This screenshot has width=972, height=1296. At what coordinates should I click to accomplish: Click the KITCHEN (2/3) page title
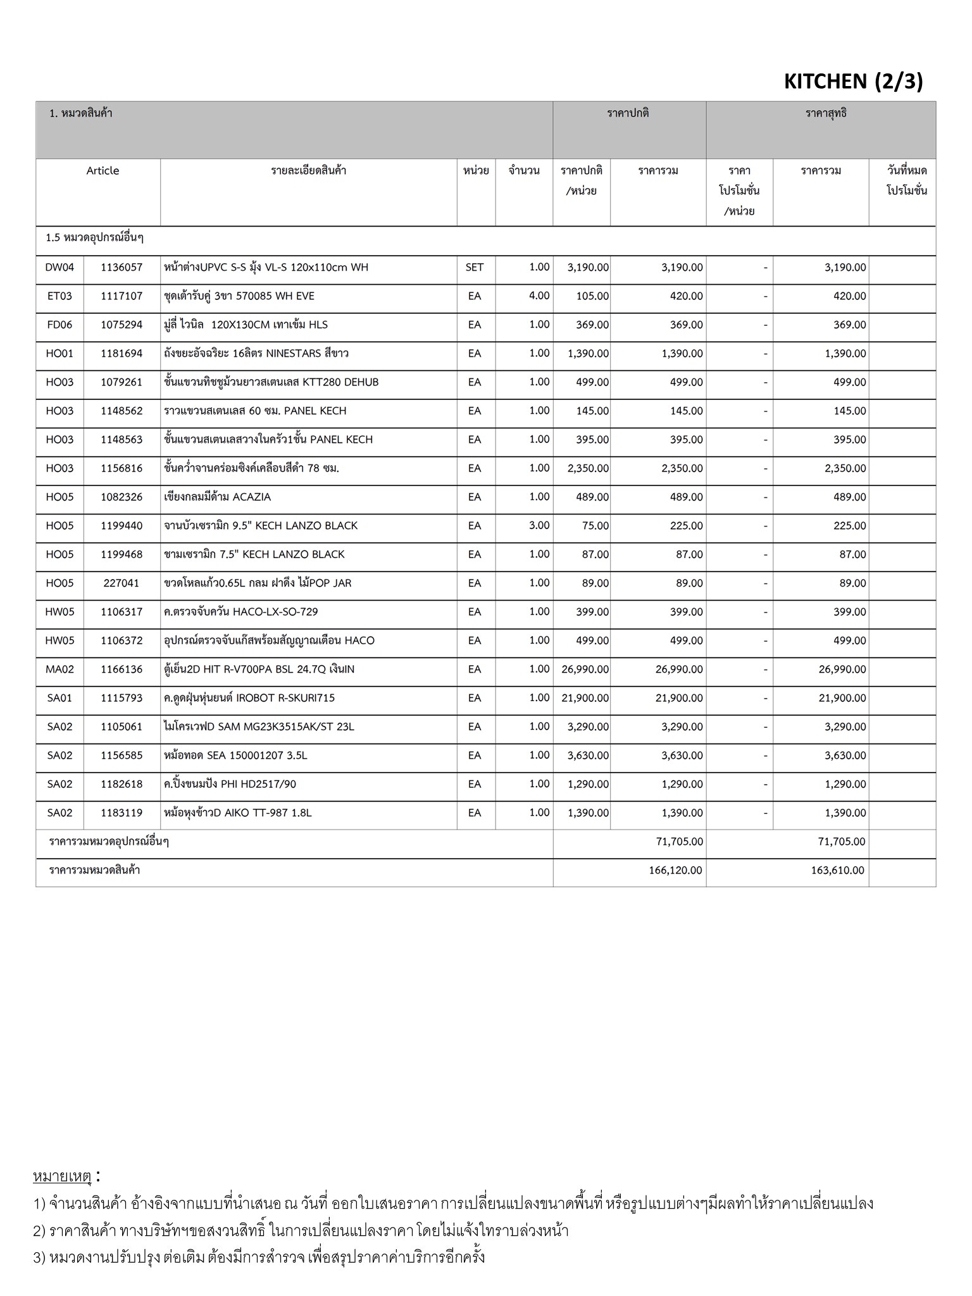click(x=853, y=81)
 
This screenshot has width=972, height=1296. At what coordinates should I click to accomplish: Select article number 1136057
click(x=121, y=268)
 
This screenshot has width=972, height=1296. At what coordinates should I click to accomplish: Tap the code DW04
click(x=59, y=268)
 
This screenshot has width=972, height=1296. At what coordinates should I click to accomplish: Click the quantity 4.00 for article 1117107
click(x=539, y=296)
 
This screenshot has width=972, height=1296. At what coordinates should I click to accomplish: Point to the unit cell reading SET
click(x=475, y=268)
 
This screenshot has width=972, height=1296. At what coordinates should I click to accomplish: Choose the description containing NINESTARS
click(x=256, y=354)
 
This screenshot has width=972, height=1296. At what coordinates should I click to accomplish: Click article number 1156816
click(x=121, y=469)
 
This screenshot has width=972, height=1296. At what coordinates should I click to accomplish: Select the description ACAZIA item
click(x=217, y=497)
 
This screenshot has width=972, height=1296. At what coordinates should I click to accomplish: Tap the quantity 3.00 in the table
click(x=539, y=526)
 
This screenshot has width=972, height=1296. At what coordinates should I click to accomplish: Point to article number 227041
click(x=121, y=583)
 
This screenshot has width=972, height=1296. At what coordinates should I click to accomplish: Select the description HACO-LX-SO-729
click(x=241, y=612)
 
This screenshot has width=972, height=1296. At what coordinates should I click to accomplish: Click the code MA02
click(x=59, y=670)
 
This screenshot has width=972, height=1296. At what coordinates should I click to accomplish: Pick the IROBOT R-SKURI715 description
click(x=249, y=698)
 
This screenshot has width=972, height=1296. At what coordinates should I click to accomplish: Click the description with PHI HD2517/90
click(x=230, y=785)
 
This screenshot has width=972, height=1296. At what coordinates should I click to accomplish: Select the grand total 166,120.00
click(x=675, y=871)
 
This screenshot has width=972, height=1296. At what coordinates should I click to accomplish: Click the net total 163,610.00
click(x=837, y=871)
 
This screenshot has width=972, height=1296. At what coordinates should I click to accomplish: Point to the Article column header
click(x=103, y=171)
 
